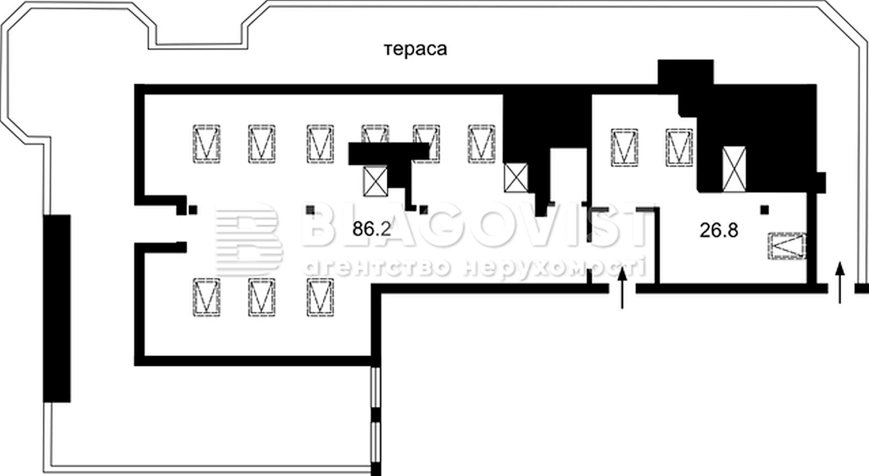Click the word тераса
[415, 49]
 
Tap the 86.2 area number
[371, 229]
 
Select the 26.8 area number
[719, 230]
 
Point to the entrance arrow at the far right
[840, 282]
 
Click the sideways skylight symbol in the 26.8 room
[787, 246]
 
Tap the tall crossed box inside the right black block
[734, 169]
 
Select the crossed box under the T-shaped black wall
[375, 181]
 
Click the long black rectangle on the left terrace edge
[56, 308]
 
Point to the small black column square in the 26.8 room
[765, 210]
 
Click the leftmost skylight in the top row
[207, 144]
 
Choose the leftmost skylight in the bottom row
[207, 297]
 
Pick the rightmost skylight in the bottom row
[320, 297]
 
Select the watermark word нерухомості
[555, 268]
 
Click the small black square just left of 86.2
[310, 210]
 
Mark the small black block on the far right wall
[821, 182]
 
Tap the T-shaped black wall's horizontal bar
[389, 154]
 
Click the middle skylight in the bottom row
[262, 297]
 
